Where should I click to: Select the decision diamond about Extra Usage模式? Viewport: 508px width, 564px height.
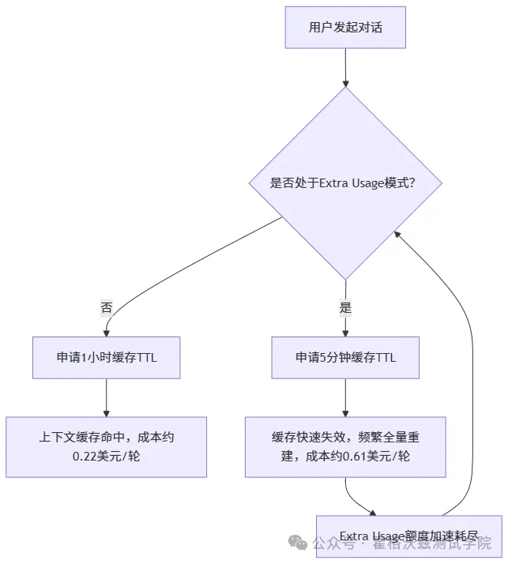345,182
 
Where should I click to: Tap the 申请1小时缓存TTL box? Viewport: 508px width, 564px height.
106,357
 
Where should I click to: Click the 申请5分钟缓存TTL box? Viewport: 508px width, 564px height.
345,357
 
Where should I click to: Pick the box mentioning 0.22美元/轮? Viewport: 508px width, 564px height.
106,446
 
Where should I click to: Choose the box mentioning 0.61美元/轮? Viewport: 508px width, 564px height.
345,446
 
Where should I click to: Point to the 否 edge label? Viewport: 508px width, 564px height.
106,308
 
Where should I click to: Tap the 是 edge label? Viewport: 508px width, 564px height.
345,308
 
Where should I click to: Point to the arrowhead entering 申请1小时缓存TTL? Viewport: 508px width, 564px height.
106,333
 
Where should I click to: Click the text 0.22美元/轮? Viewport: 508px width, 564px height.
106,457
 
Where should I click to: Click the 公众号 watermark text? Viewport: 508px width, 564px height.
331,543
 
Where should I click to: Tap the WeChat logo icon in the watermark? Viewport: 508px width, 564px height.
298,543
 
